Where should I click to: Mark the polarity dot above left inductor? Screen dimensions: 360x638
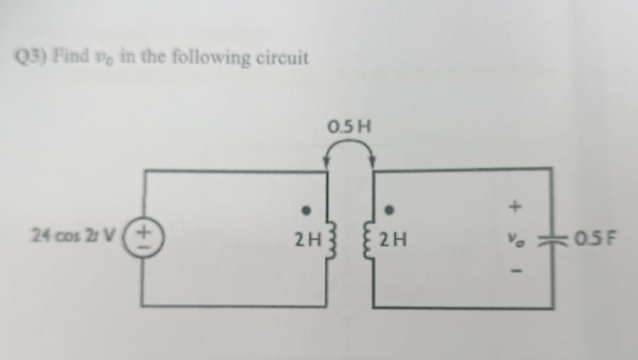coord(307,211)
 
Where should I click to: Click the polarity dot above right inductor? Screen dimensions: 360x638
coord(389,211)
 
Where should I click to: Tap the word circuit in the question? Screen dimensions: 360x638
coord(282,57)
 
